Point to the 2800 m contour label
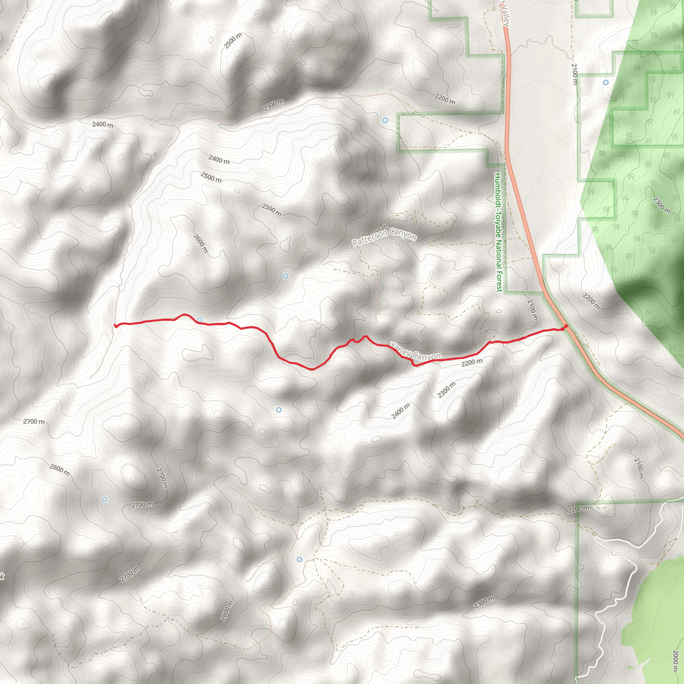(x=59, y=470)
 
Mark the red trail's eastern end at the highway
(x=566, y=326)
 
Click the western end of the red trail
(x=116, y=326)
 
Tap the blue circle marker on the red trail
(x=200, y=320)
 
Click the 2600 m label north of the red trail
(x=200, y=243)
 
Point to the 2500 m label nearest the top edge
(x=233, y=40)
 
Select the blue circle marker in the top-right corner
(x=606, y=82)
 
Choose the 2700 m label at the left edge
(x=34, y=421)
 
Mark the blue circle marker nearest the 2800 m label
(x=105, y=499)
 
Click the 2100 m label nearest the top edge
(x=574, y=74)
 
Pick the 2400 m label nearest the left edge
(x=103, y=124)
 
